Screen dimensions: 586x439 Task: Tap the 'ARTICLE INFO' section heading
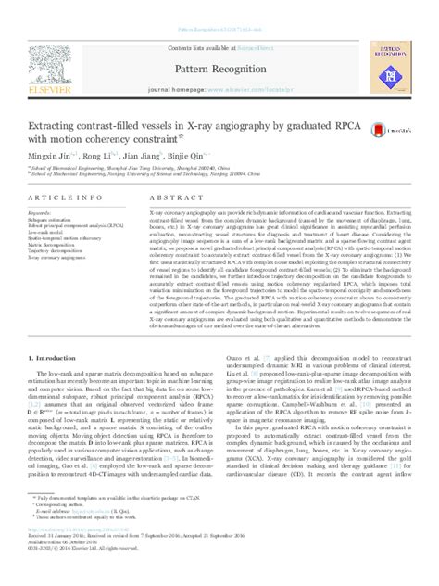coord(78,198)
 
